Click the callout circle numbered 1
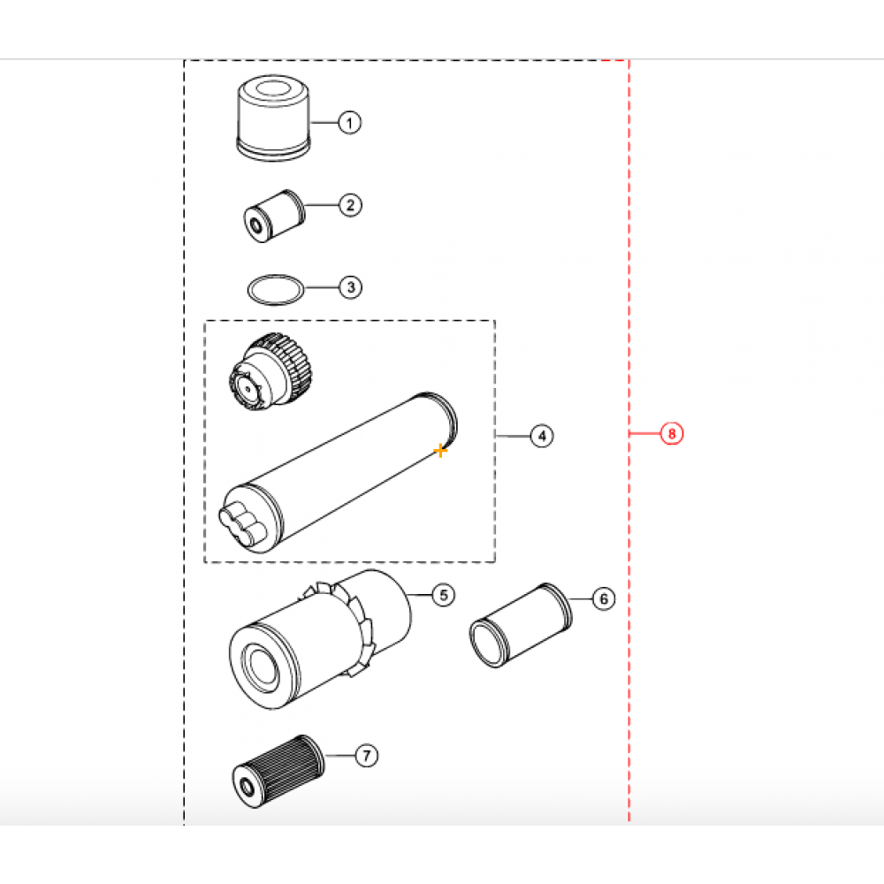[x=350, y=123]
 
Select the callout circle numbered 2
[x=350, y=206]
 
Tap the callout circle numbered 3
[x=350, y=287]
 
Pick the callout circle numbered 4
[x=541, y=435]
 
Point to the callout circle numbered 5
[x=442, y=596]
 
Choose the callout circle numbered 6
[x=603, y=599]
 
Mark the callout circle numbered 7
[x=366, y=755]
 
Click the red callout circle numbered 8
[x=672, y=434]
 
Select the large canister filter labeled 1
[x=273, y=120]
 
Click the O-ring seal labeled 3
[x=275, y=287]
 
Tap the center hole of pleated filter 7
[x=247, y=782]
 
